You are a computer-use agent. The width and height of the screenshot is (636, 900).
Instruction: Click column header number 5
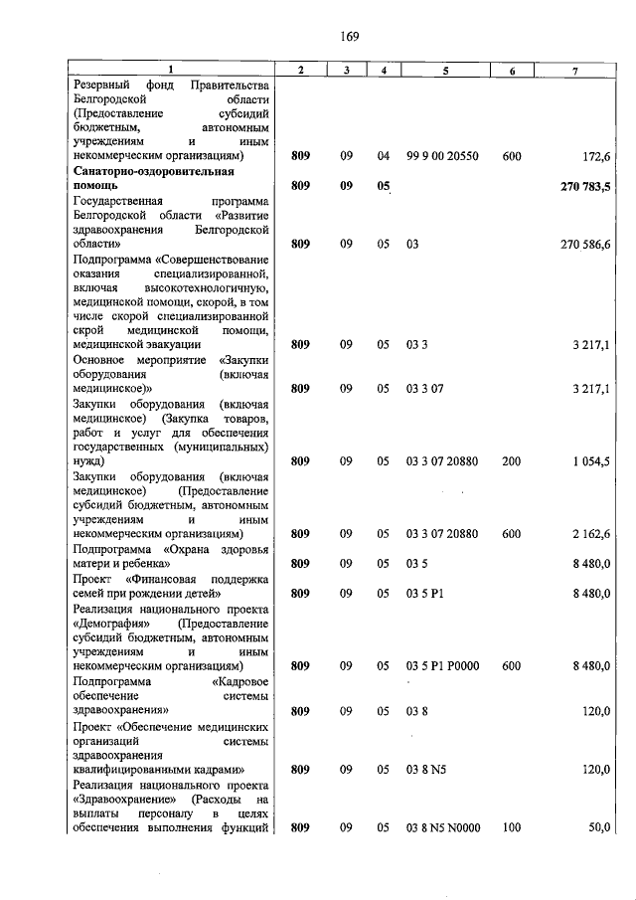445,70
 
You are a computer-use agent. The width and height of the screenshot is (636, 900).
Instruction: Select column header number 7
574,70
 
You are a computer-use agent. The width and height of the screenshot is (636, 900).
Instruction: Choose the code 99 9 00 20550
442,156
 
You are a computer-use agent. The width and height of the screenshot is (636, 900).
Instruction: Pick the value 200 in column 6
511,461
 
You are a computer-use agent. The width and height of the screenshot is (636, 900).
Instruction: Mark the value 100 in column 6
511,827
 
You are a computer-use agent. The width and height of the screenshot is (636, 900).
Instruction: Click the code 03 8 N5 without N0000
429,770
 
